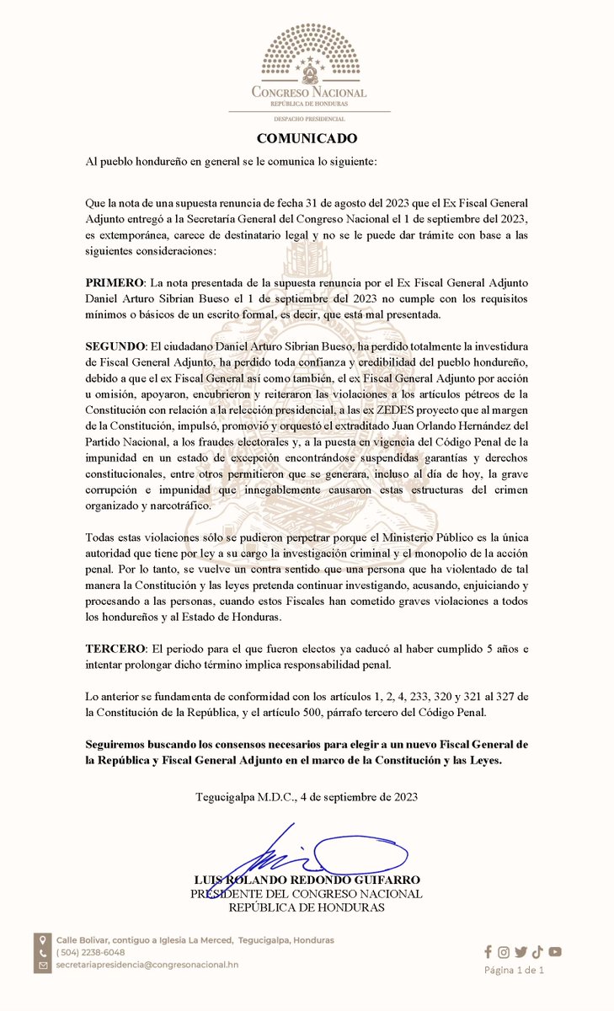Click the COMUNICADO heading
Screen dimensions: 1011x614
click(x=307, y=138)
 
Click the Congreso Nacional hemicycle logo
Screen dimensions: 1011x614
click(x=308, y=54)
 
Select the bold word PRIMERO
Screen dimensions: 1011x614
click(x=115, y=279)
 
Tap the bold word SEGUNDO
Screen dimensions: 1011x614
click(x=116, y=346)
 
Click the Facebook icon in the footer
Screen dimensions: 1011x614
click(x=489, y=952)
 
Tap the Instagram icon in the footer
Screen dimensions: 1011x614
click(x=504, y=952)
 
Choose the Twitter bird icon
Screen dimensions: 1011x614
click(x=521, y=952)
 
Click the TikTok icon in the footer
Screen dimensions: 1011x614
click(x=537, y=952)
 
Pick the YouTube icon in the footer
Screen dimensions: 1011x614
click(x=554, y=952)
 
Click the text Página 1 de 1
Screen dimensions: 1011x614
click(x=514, y=970)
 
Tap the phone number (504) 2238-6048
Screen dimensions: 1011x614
click(x=91, y=952)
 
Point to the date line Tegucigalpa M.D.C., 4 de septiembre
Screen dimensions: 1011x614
click(x=307, y=796)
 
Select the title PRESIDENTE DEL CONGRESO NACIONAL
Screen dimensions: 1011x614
click(x=307, y=894)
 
